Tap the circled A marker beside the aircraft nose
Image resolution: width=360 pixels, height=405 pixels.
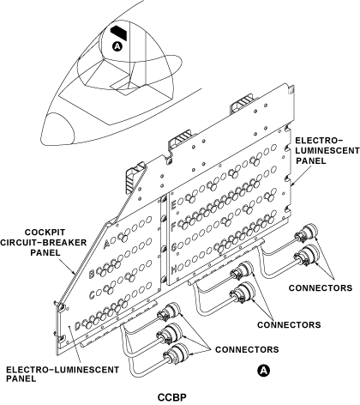click(117, 47)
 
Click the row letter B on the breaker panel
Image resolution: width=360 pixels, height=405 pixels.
click(92, 273)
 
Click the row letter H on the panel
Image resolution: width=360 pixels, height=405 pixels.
click(173, 269)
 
